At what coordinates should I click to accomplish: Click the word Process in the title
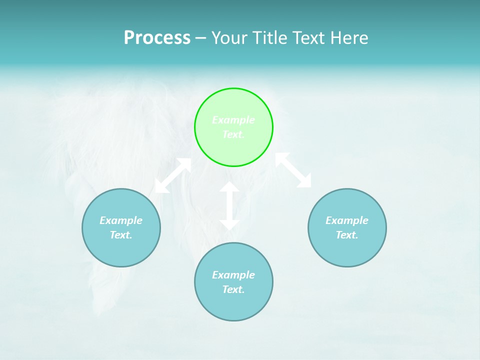pyautogui.click(x=157, y=38)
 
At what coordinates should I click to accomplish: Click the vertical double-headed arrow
pyautogui.click(x=229, y=205)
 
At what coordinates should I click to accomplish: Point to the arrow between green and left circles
pyautogui.click(x=173, y=175)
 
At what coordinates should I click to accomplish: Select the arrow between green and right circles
pyautogui.click(x=293, y=170)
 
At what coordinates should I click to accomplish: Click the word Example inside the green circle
pyautogui.click(x=233, y=120)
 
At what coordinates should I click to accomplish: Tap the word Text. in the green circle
pyautogui.click(x=233, y=134)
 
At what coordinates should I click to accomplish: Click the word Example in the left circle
pyautogui.click(x=121, y=220)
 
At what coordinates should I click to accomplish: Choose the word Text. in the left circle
pyautogui.click(x=121, y=235)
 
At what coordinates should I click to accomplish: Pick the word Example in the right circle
pyautogui.click(x=347, y=220)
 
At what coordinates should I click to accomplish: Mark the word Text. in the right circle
pyautogui.click(x=347, y=235)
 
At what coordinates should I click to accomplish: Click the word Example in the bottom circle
pyautogui.click(x=233, y=275)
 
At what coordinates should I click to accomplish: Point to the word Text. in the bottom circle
pyautogui.click(x=233, y=289)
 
